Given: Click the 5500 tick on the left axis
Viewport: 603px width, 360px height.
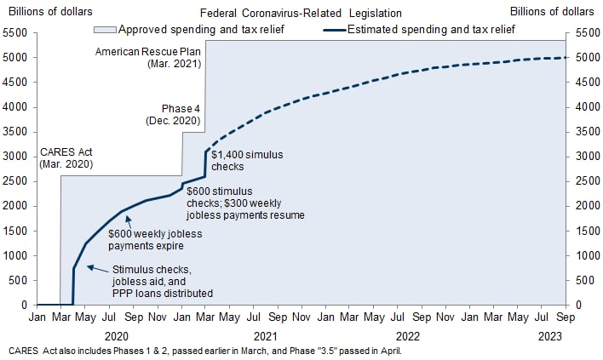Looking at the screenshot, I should coord(15,33).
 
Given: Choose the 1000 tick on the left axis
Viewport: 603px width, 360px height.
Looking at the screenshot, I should coord(15,255).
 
